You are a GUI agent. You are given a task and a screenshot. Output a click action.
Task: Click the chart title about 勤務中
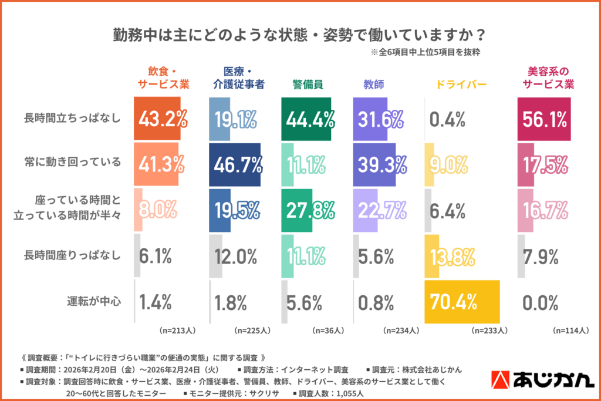coord(300,33)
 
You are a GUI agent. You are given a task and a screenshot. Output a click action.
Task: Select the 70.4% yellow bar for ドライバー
coord(462,302)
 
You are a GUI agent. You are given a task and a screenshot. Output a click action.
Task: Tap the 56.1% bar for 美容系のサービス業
coord(543,120)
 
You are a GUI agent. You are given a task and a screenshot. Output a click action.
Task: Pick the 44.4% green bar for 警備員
coord(306,120)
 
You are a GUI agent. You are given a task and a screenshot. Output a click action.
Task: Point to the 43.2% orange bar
coord(157,120)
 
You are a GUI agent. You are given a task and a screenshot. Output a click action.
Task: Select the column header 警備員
coord(308,85)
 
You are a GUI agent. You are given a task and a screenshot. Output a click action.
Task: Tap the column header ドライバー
coord(461,85)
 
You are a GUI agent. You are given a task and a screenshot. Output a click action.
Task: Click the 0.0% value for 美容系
coord(539,302)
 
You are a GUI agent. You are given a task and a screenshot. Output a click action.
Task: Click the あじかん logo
coord(541,380)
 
